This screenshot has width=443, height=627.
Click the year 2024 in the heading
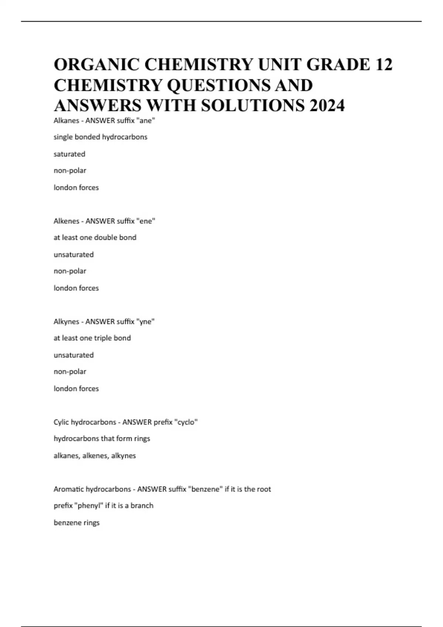pos(327,105)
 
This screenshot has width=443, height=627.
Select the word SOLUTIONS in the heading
pos(253,105)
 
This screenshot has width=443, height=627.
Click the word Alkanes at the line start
pos(66,120)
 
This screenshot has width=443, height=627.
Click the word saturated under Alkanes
pos(69,154)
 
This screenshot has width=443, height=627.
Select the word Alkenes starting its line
pos(66,221)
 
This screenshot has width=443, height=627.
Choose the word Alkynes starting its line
pos(66,322)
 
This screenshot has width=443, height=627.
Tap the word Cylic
pos(61,422)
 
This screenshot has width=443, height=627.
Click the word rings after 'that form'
pos(142,439)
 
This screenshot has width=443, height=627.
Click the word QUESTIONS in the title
pos(219,85)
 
